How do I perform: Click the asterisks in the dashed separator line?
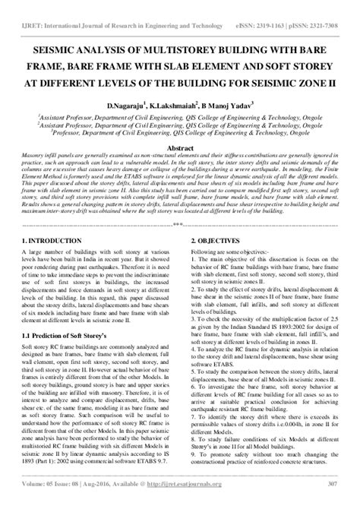(x=179, y=204)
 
